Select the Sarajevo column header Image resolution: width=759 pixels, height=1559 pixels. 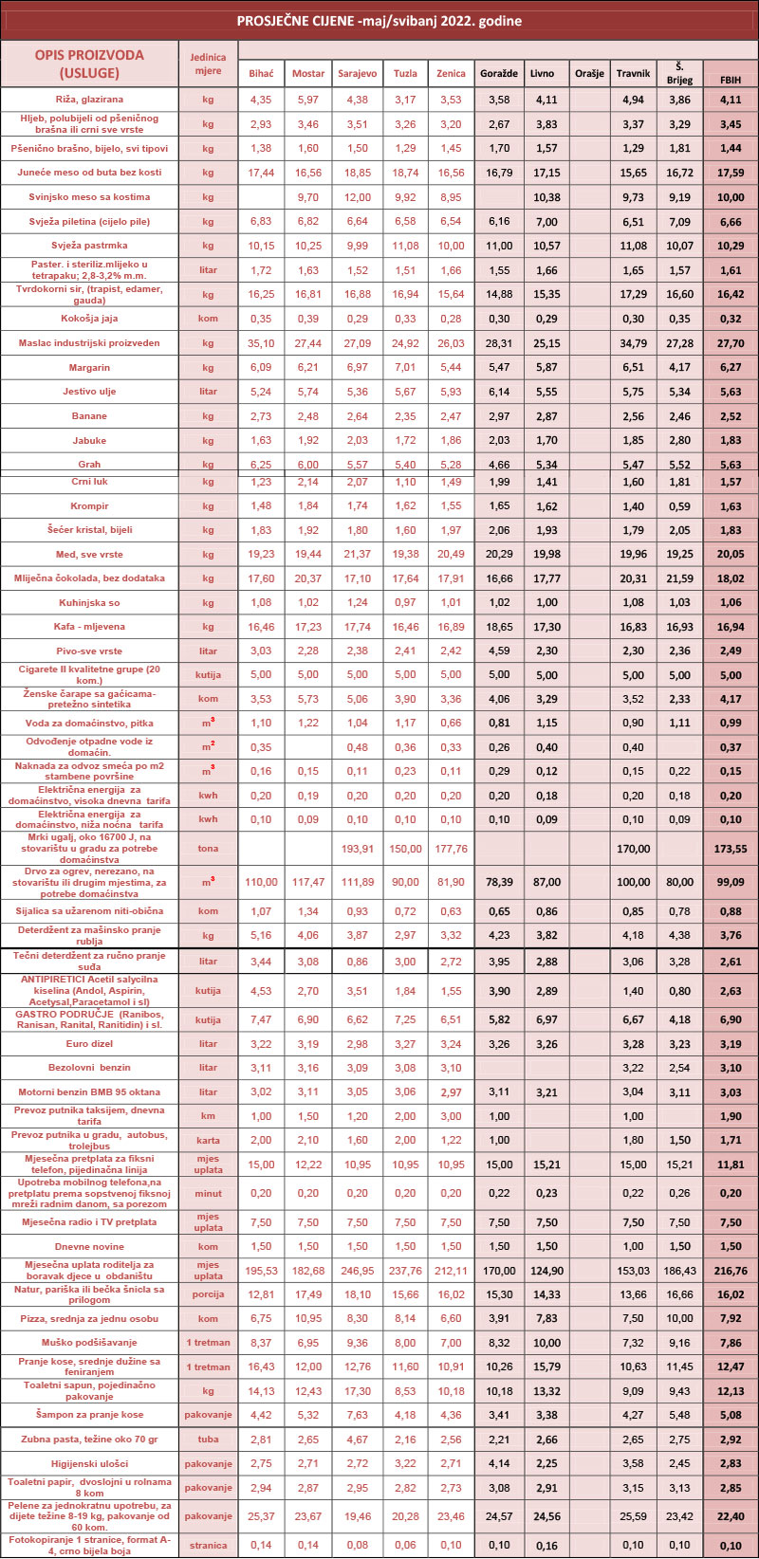(357, 73)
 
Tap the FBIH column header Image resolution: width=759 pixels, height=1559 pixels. (731, 80)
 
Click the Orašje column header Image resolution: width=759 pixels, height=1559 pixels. (589, 73)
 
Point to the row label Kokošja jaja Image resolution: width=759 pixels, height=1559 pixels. (89, 319)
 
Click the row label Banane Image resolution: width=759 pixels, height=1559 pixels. (89, 416)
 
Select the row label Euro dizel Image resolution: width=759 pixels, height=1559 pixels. (89, 1044)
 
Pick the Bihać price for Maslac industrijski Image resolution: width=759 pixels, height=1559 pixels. (261, 343)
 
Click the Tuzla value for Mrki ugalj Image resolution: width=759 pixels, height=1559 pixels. (405, 849)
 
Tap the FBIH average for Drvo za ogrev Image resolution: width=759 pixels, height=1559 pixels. (731, 882)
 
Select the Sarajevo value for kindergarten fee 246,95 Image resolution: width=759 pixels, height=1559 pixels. (357, 1271)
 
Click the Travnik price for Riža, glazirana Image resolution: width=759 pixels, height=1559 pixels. (633, 100)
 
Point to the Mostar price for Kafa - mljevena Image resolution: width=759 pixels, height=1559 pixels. (308, 627)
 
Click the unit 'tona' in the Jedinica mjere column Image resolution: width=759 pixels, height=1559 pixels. (208, 849)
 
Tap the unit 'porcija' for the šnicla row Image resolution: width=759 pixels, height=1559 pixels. (208, 1294)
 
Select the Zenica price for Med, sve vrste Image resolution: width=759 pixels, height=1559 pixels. (451, 555)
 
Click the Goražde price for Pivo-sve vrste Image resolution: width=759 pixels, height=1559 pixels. (498, 651)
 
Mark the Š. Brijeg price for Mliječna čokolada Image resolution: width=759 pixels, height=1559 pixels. (679, 578)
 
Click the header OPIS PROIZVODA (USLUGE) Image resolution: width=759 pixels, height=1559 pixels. (89, 64)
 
